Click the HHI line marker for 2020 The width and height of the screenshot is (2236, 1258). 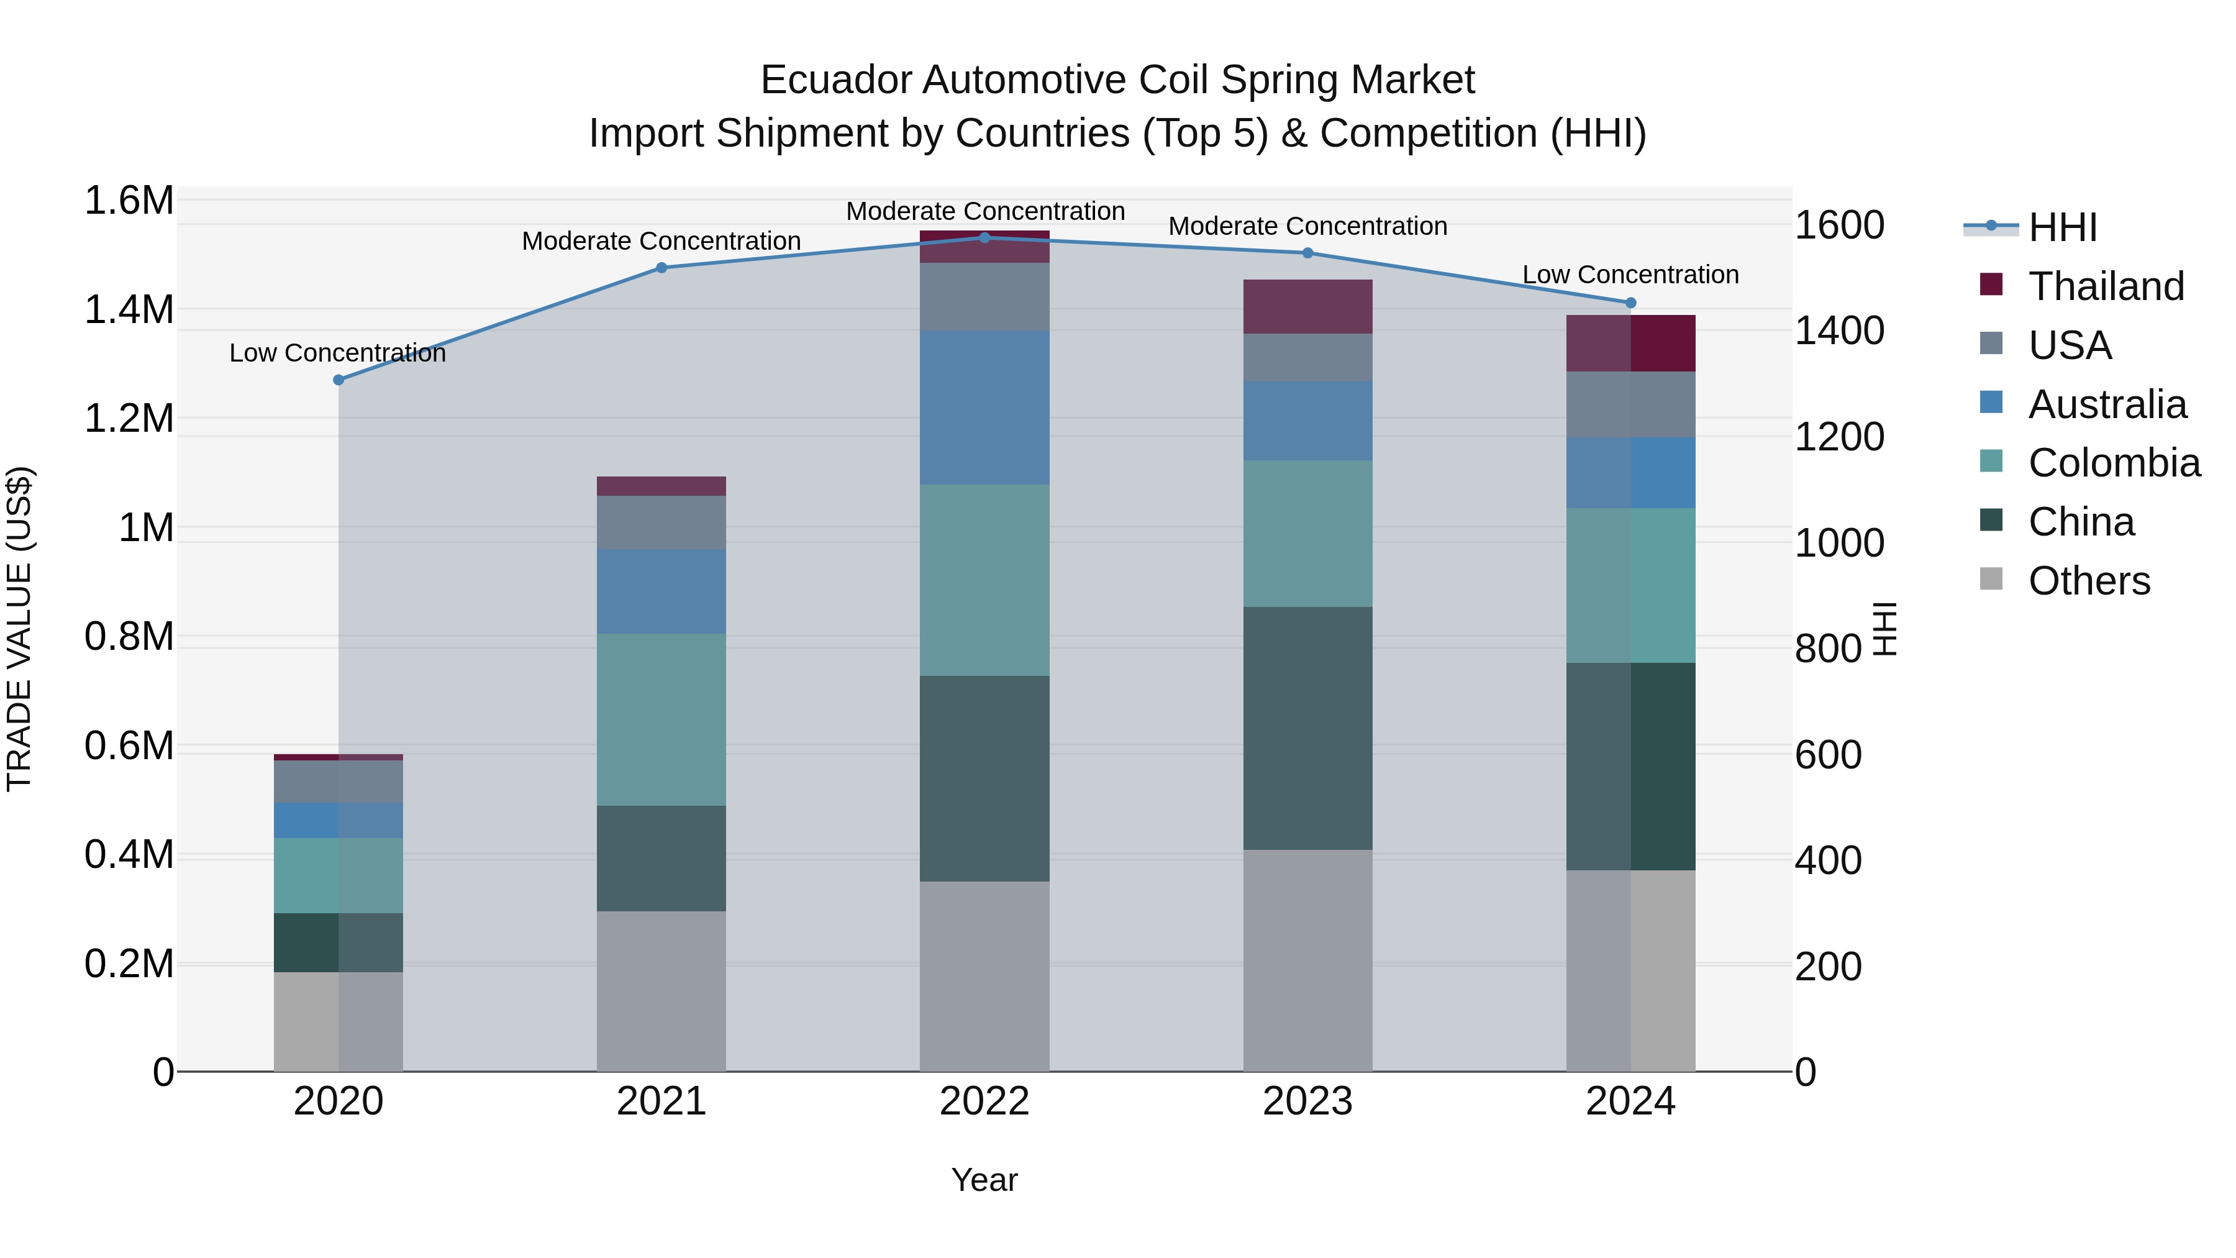(339, 380)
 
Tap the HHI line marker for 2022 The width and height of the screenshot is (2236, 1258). (984, 238)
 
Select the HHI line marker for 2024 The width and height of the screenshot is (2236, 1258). (1630, 303)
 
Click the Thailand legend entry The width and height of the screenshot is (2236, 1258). (2105, 286)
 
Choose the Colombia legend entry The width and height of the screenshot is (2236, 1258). (2114, 463)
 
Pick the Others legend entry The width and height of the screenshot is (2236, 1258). (2088, 581)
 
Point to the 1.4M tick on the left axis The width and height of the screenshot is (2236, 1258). (129, 310)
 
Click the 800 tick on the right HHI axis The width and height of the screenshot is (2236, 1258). (1828, 649)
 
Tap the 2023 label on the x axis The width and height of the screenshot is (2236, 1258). (1307, 1101)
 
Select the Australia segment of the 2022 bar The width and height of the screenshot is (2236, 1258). (984, 407)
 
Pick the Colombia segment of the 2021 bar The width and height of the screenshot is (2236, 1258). (661, 720)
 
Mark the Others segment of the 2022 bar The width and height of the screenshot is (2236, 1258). (984, 976)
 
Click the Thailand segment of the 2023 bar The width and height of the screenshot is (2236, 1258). (1307, 306)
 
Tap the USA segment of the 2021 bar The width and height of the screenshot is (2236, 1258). (661, 522)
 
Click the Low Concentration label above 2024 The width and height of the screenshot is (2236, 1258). (1630, 275)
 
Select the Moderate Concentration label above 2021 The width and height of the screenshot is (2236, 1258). (661, 242)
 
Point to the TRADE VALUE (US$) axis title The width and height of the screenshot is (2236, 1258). (19, 629)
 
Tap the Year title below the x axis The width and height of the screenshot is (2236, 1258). (984, 1180)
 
